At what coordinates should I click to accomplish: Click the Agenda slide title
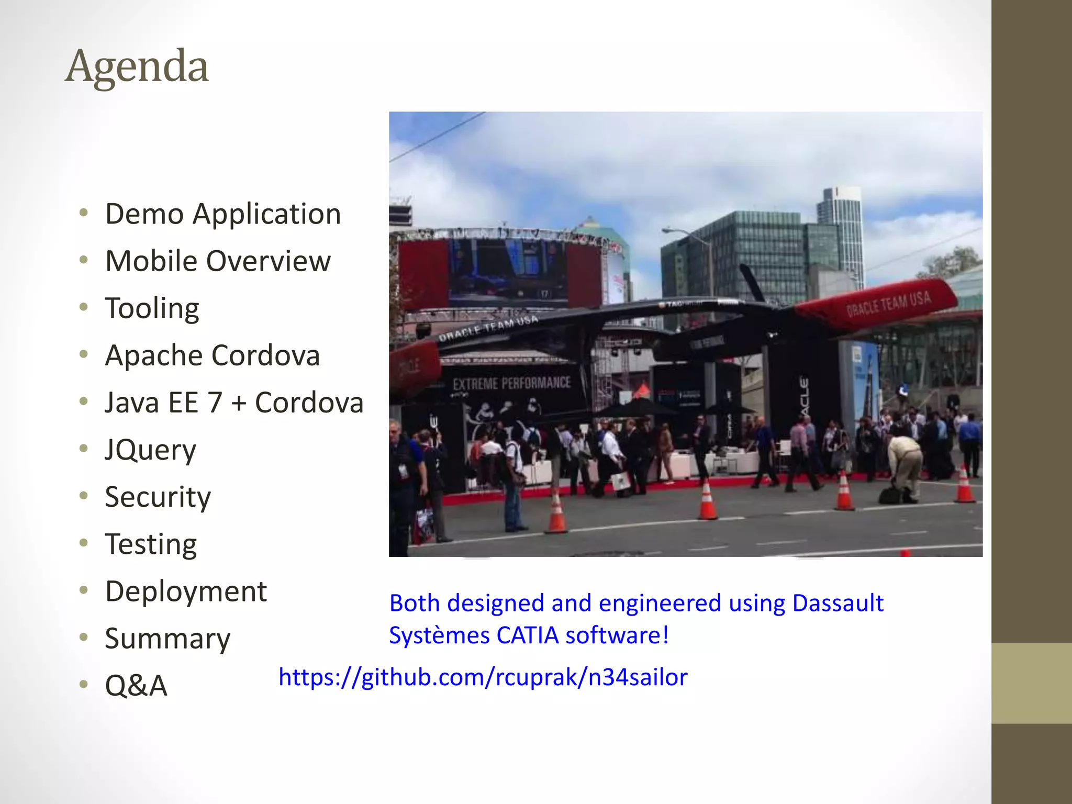pos(137,66)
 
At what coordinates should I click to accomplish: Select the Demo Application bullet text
pos(223,214)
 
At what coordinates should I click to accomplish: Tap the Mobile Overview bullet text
pos(218,261)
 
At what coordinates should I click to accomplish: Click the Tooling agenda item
pos(152,308)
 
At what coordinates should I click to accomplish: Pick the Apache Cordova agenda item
pos(212,355)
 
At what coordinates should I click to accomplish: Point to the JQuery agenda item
pos(150,450)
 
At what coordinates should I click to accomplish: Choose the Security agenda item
pos(158,497)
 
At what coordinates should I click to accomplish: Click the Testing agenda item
pos(151,544)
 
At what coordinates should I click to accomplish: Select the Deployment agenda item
pos(186,591)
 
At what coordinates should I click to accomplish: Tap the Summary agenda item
pos(167,639)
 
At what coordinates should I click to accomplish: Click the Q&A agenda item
pos(136,686)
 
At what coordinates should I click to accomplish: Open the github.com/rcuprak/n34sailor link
pos(483,677)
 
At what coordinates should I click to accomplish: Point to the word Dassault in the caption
pos(837,604)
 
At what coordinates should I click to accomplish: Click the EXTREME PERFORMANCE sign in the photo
pos(511,383)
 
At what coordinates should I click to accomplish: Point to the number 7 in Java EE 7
pos(215,403)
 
